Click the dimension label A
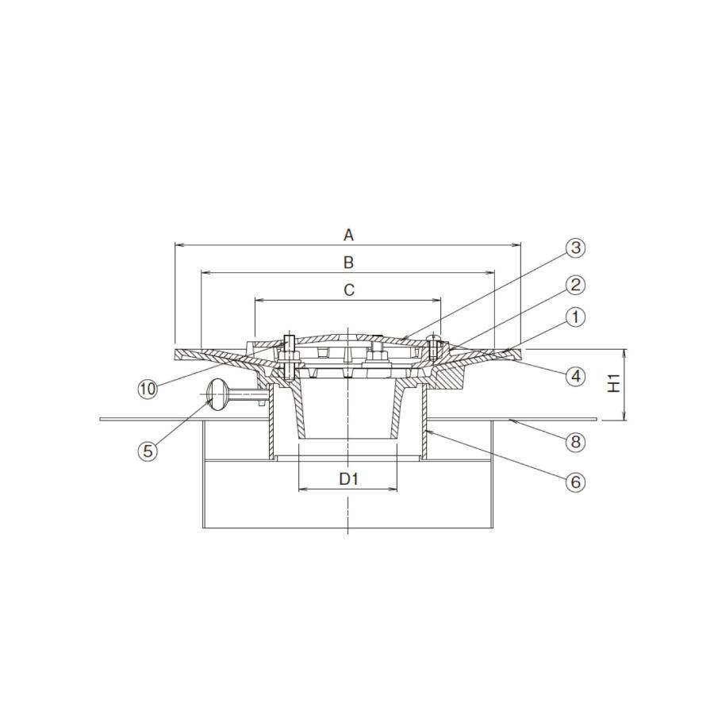348,236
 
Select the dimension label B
348,263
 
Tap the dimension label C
349,290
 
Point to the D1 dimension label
349,478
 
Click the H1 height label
615,383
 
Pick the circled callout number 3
576,248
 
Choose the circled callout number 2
576,285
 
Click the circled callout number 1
576,317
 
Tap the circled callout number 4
576,376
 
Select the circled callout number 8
576,441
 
